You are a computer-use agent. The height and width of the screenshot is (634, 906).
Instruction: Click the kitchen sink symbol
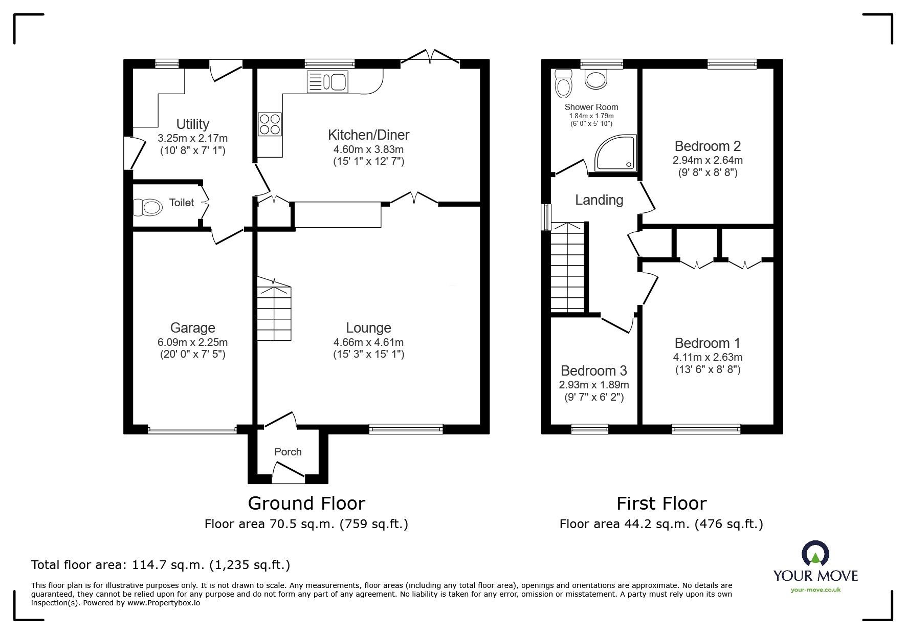tap(327, 82)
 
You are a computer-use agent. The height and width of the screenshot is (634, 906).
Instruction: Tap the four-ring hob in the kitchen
tap(270, 123)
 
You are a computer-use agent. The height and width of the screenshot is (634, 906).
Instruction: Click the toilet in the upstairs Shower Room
tap(563, 83)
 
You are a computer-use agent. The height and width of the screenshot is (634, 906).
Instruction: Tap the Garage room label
tap(193, 327)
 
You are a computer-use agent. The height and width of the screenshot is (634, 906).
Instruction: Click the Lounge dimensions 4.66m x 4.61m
tap(368, 342)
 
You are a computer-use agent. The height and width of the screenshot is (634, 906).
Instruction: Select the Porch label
tap(288, 452)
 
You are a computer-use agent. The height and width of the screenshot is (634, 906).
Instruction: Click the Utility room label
tap(193, 124)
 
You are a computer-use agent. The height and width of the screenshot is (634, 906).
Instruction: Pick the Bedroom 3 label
tap(594, 370)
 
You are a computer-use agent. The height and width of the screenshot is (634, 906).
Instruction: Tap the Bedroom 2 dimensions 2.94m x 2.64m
tap(708, 160)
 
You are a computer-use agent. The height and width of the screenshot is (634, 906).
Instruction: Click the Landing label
tap(599, 200)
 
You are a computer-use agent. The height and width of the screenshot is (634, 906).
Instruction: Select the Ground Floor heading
tap(306, 504)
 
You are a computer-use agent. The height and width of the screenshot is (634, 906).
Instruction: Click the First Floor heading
tap(661, 504)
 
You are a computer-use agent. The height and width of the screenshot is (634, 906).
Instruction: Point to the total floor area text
tap(161, 565)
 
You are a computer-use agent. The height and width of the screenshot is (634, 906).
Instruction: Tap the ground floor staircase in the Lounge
tap(274, 310)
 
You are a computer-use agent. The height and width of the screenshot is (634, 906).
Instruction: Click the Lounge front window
tap(406, 429)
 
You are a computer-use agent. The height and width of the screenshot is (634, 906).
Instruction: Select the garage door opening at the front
tap(192, 430)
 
